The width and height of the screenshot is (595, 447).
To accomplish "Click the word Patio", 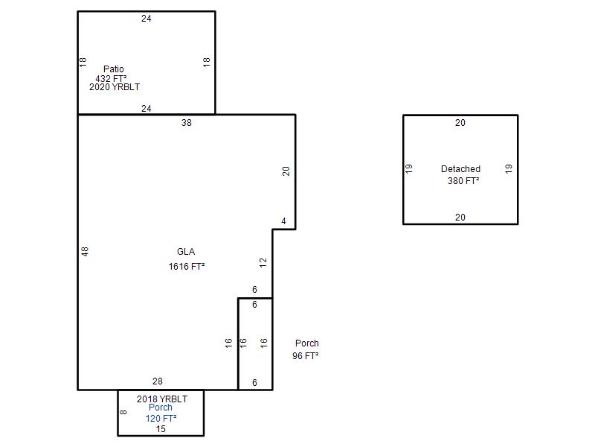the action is click(114, 69).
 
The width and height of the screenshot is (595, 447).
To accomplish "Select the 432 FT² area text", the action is click(111, 78).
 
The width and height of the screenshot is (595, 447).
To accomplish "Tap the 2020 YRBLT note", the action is click(115, 87).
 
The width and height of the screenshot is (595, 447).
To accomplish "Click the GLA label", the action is click(186, 252).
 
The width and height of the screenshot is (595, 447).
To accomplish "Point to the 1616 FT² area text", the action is click(187, 267).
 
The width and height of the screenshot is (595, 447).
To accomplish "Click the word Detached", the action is click(460, 169).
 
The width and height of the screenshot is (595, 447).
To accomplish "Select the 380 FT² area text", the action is click(463, 180).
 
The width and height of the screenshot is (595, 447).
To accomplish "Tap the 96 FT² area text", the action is click(305, 356).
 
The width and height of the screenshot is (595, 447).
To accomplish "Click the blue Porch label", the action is click(161, 408).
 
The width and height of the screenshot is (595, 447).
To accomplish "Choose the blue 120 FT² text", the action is click(161, 419).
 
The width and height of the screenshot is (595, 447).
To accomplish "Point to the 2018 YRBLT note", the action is click(162, 399).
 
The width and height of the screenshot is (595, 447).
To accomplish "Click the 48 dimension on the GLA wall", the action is click(85, 252).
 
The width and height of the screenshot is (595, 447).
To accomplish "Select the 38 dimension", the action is click(187, 123).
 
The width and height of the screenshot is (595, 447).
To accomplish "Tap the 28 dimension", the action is click(158, 381).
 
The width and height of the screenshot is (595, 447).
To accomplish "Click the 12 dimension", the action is click(263, 263).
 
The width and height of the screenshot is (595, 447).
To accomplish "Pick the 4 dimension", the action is click(283, 221).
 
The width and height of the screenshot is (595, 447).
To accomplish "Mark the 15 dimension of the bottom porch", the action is click(161, 429).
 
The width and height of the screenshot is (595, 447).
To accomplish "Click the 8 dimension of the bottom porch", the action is click(123, 412).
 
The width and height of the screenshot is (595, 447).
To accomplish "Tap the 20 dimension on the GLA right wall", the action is click(286, 171).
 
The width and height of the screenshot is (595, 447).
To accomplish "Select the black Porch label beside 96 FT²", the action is click(307, 343).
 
